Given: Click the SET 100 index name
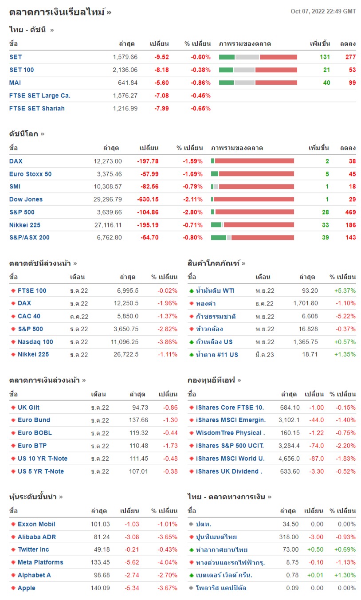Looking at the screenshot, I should [x=21, y=70].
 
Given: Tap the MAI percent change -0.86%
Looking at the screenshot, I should [x=200, y=82].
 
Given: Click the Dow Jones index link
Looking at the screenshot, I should [x=26, y=199].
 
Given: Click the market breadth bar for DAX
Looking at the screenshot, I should [x=252, y=161].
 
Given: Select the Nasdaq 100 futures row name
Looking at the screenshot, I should [x=35, y=341].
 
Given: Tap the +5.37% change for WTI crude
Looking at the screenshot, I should [x=345, y=290].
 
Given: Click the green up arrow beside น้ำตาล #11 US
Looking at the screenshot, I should [x=191, y=355].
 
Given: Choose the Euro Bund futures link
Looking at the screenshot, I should [x=34, y=420].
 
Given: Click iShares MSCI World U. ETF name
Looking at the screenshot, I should [x=230, y=459].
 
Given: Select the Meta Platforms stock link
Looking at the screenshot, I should [x=40, y=562].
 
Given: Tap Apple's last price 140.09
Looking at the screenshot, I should [x=100, y=588].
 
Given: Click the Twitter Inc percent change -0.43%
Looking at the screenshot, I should [x=168, y=549].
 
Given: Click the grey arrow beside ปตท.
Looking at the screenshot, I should [x=191, y=525].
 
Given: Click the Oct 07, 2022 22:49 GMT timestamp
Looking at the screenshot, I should [x=323, y=12].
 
